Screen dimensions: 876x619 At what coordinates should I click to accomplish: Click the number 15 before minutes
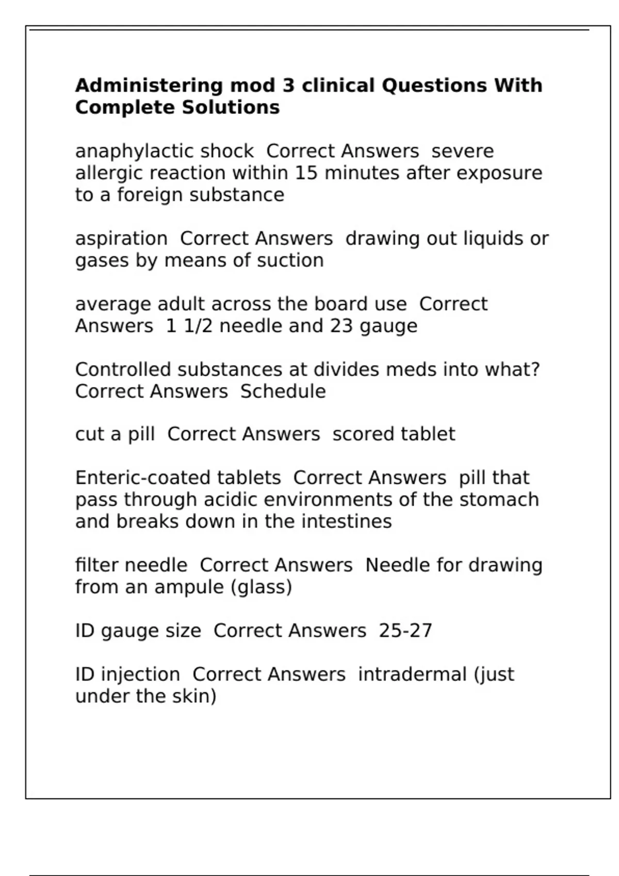tap(306, 173)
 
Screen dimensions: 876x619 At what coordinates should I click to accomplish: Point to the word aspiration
tap(121, 239)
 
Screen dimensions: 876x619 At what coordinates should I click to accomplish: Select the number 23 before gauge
tap(341, 326)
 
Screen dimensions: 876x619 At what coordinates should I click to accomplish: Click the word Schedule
tap(283, 392)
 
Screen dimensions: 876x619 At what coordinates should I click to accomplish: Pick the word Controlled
tap(123, 370)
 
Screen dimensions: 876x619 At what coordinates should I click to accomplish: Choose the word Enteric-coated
tap(178, 478)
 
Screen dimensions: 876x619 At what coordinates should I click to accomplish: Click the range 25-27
tap(405, 631)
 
